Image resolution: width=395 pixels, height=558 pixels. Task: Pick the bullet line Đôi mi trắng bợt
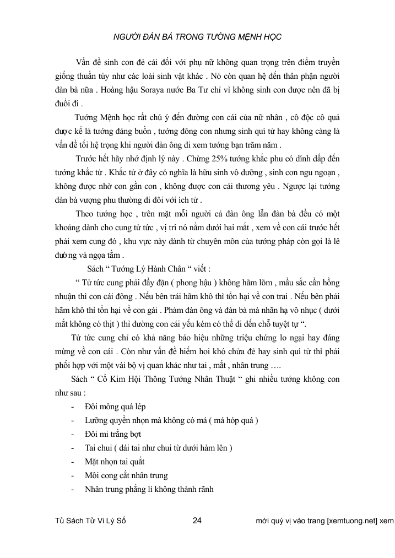click(x=113, y=434)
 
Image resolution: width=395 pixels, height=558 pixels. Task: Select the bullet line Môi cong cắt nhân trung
click(x=126, y=475)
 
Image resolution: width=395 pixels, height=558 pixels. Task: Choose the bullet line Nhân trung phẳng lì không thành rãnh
click(x=149, y=489)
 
